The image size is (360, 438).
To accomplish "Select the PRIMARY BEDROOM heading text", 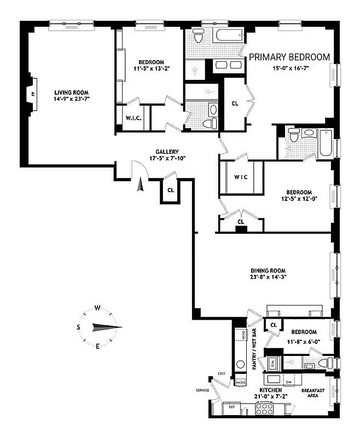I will point(289,57).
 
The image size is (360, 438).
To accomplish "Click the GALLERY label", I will point(167,152).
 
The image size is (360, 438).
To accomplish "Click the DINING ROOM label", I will point(268,270).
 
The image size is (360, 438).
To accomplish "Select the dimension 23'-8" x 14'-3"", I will point(268,278).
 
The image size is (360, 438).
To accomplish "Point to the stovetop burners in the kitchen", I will point(265,407).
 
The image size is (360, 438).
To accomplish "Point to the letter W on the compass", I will point(97,308).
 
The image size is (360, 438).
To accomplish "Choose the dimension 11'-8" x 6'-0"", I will point(304,341).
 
